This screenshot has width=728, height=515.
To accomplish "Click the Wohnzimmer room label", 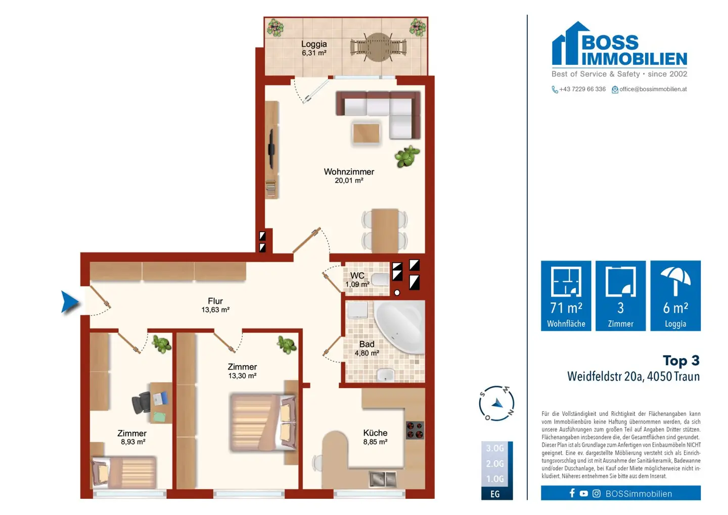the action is coord(349,171).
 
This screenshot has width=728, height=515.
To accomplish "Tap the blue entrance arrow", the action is coord(70,302).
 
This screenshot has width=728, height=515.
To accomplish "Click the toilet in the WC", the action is coord(380,280).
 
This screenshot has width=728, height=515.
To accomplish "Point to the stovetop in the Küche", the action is coord(415,430).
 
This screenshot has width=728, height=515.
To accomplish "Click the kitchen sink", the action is coord(383,479).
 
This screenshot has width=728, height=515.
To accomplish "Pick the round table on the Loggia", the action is coord(378,47).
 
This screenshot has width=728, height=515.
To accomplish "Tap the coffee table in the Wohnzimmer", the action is coord(366,133).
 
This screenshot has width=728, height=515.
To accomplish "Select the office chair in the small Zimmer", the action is coord(141,403).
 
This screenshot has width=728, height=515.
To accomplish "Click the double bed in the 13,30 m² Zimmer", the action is coord(263,422).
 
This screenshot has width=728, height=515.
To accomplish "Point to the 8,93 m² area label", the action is coord(133,442).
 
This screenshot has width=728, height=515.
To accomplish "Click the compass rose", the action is coord(496,404).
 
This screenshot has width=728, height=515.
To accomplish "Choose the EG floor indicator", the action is coord(495,494).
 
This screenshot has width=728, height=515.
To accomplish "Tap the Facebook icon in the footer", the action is coord(572,493).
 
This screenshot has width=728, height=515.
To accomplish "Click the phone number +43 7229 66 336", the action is coord(582,89).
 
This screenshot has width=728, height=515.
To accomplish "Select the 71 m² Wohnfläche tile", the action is coord(566,295).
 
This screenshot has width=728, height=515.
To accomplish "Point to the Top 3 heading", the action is coord(681,361).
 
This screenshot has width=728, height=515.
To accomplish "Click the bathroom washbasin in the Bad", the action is coord(386,375).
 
